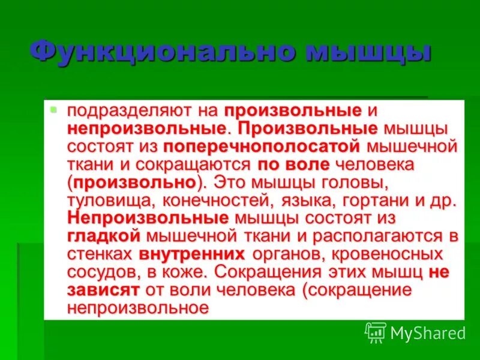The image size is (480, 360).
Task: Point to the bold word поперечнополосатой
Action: point(262,146)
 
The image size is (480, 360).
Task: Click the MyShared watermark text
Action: point(428,332)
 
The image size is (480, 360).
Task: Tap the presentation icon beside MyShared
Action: point(376,332)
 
